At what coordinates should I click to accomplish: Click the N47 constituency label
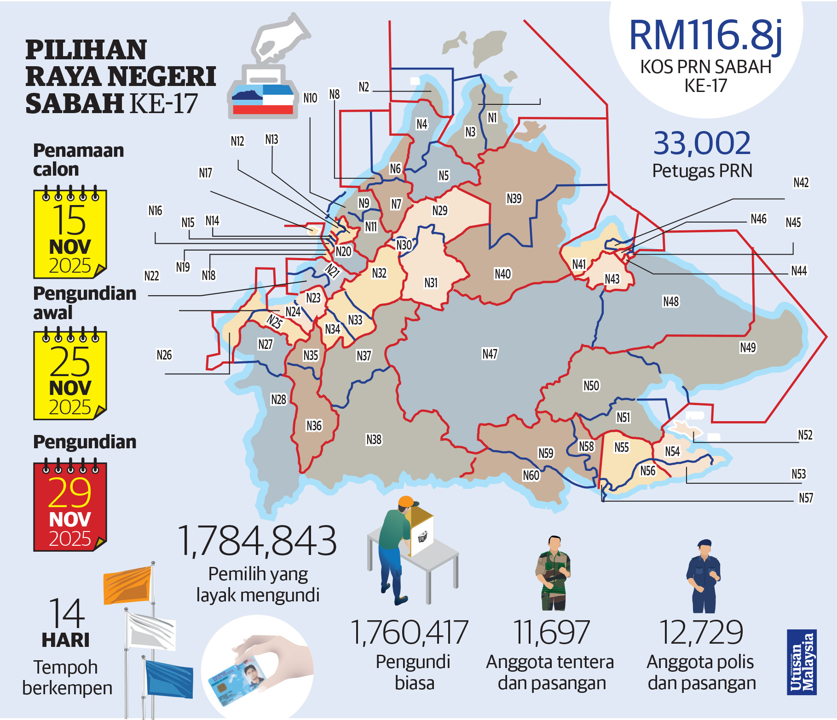pyautogui.click(x=490, y=354)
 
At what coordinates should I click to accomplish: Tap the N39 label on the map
pyautogui.click(x=514, y=198)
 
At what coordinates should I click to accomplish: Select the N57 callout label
pyautogui.click(x=806, y=498)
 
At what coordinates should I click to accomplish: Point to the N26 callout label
pyautogui.click(x=164, y=355)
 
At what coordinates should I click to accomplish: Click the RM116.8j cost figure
pyautogui.click(x=705, y=35)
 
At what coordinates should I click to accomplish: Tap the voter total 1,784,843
pyautogui.click(x=257, y=541)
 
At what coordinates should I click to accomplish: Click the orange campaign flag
pyautogui.click(x=127, y=585)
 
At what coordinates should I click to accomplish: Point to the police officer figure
pyautogui.click(x=703, y=576)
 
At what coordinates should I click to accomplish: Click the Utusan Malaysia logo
pyautogui.click(x=802, y=662)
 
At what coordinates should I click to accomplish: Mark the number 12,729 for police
pyautogui.click(x=701, y=632)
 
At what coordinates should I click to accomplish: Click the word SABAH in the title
pyautogui.click(x=74, y=103)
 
